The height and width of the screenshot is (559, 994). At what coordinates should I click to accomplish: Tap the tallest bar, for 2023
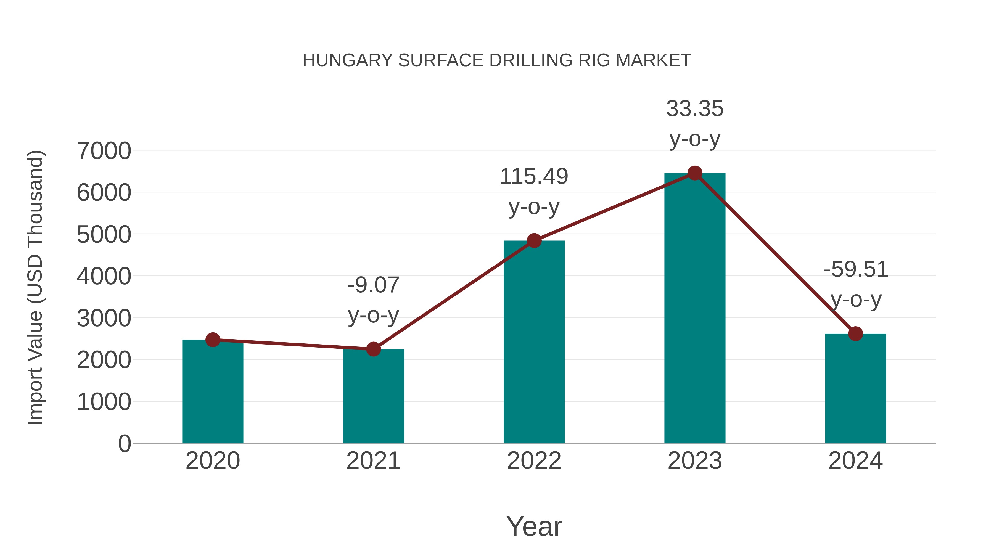coord(695,309)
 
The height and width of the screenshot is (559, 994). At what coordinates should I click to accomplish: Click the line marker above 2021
coord(373,349)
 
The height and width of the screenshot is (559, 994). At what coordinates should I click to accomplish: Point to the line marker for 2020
coord(213,340)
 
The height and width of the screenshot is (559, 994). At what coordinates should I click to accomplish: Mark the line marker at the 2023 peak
coord(695,173)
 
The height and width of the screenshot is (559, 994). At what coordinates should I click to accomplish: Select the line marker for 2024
coord(855,334)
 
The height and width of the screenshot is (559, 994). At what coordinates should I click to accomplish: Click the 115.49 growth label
coord(534,177)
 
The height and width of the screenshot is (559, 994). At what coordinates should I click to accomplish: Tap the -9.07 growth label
coord(373,285)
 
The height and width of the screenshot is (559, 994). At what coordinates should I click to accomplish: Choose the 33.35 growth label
coord(695,109)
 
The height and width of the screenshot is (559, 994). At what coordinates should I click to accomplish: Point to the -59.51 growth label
coord(855,269)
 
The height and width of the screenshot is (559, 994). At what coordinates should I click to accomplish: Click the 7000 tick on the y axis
coord(104,151)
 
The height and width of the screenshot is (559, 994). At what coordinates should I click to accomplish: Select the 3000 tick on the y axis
coord(104,318)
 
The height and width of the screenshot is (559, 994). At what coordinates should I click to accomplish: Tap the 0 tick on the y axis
coord(124,444)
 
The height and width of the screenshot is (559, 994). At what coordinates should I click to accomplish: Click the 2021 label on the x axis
coord(373,461)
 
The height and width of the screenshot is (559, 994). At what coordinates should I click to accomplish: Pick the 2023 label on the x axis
coord(695,461)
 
